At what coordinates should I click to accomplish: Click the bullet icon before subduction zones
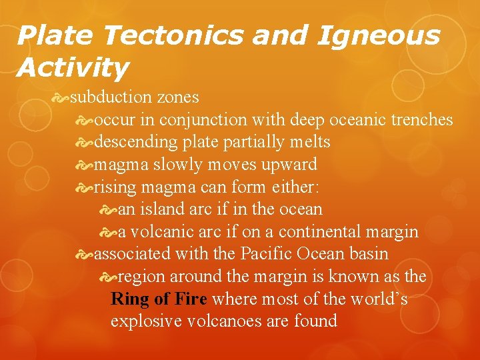click(x=61, y=97)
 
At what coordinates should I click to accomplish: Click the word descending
click(x=135, y=142)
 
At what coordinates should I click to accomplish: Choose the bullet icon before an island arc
click(x=108, y=210)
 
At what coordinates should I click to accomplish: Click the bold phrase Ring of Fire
click(x=159, y=299)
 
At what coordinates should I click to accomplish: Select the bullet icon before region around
click(x=108, y=277)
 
